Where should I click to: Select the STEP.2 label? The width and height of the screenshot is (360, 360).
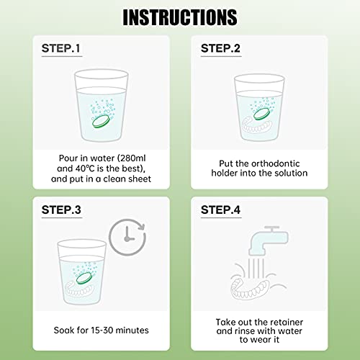pos(225,49)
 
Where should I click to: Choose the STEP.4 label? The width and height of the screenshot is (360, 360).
pos(225,211)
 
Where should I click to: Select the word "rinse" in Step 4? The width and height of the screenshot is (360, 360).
pos(251,334)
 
